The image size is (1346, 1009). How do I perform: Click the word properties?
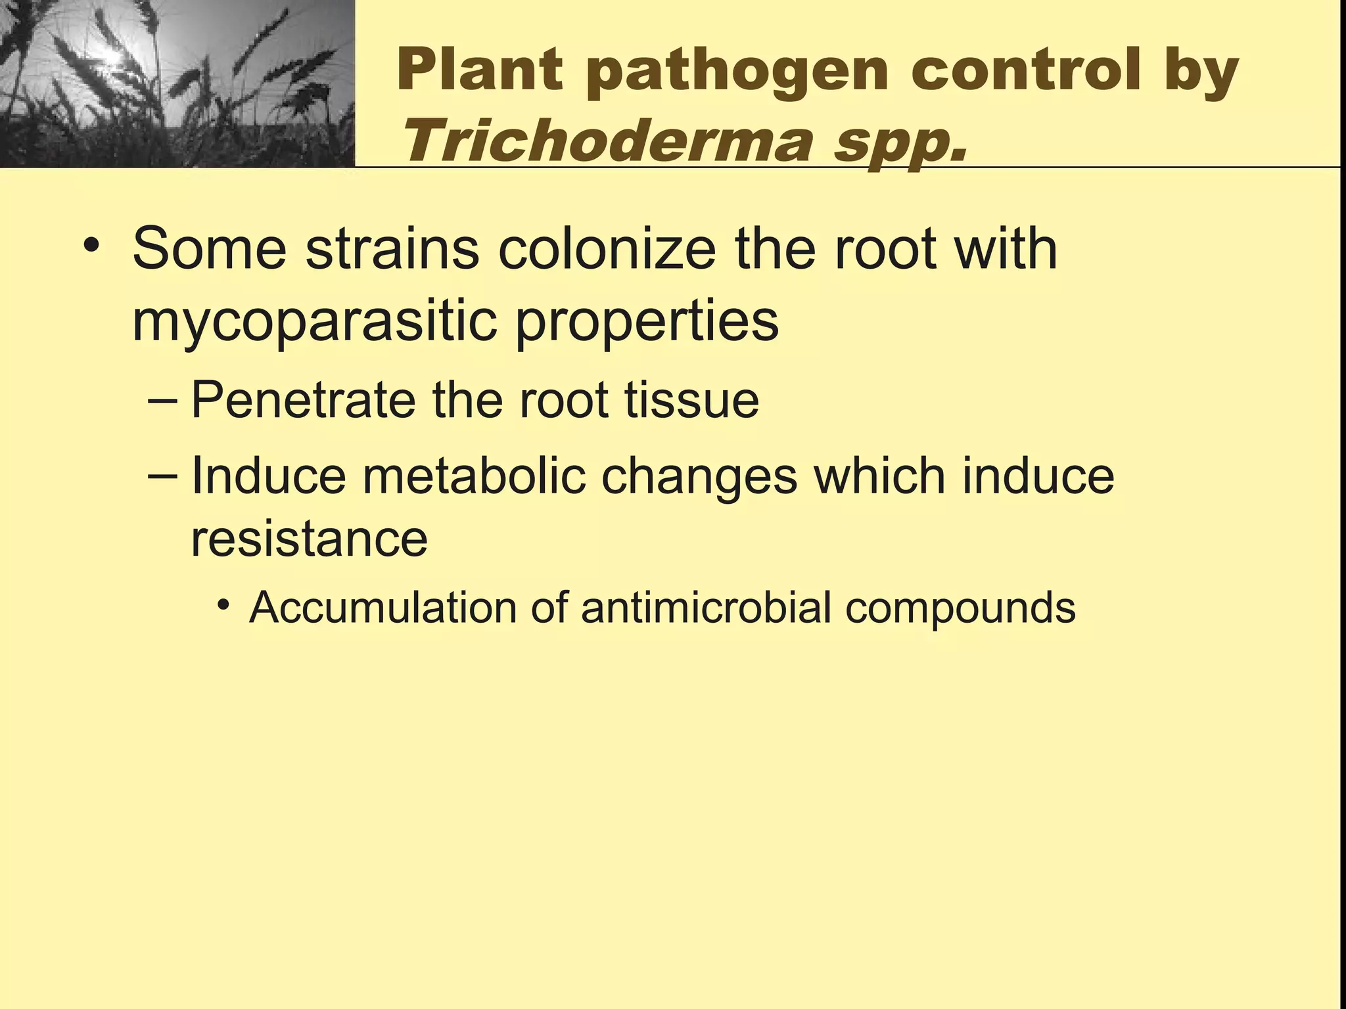pyautogui.click(x=647, y=322)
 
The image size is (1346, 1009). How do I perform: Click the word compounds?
pyautogui.click(x=960, y=608)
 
